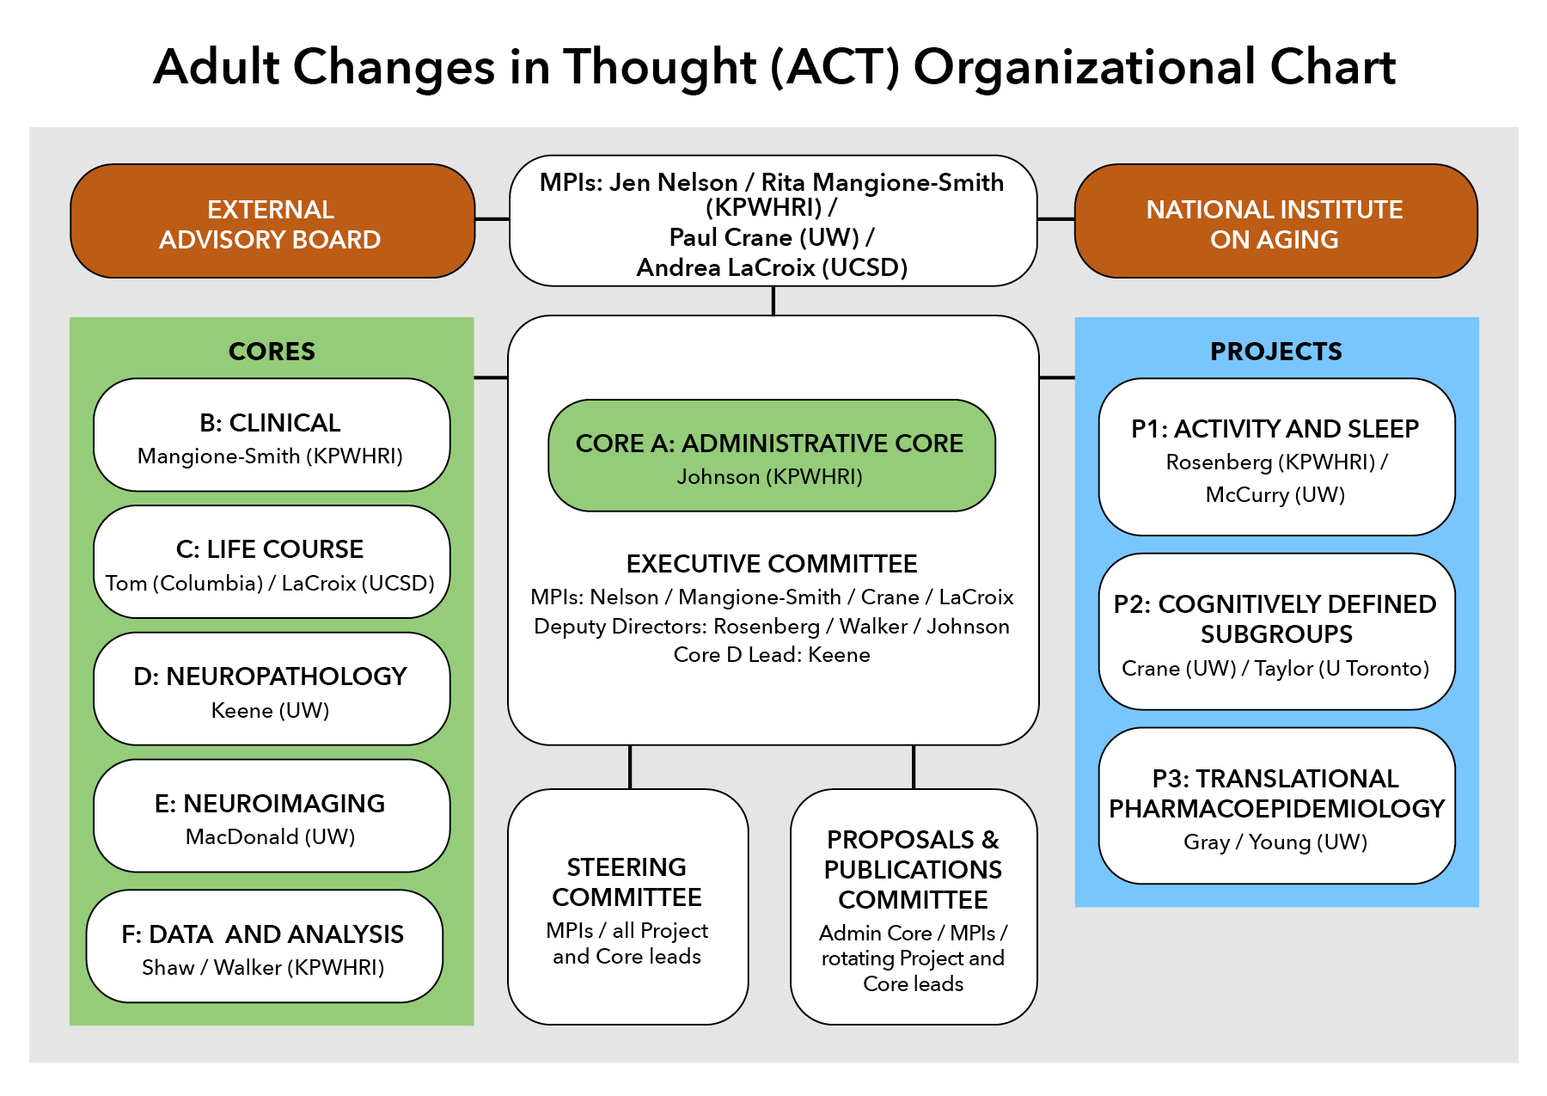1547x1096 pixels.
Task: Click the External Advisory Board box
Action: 272,221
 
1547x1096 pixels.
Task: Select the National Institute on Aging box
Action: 1275,221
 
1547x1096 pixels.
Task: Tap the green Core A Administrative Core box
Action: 772,456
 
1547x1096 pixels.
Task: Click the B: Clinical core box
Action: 272,435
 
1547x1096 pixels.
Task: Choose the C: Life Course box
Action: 272,561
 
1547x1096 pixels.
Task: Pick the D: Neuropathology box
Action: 272,689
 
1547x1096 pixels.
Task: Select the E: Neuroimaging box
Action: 272,816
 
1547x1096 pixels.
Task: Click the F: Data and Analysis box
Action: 265,946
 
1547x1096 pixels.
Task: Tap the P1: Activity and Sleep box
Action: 1277,457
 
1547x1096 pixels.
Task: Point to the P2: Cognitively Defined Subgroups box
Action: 1277,632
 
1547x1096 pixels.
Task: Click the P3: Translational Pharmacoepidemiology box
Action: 1277,805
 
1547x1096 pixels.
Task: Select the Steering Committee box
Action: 628,907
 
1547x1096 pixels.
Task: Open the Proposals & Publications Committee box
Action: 914,907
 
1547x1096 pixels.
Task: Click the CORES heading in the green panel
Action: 272,352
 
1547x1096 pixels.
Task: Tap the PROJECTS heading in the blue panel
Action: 1276,352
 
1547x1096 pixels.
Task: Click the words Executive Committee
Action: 772,564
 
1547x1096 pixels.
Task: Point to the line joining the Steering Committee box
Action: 630,767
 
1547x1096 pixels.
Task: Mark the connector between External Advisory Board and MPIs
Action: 492,219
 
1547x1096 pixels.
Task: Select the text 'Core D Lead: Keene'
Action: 772,655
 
